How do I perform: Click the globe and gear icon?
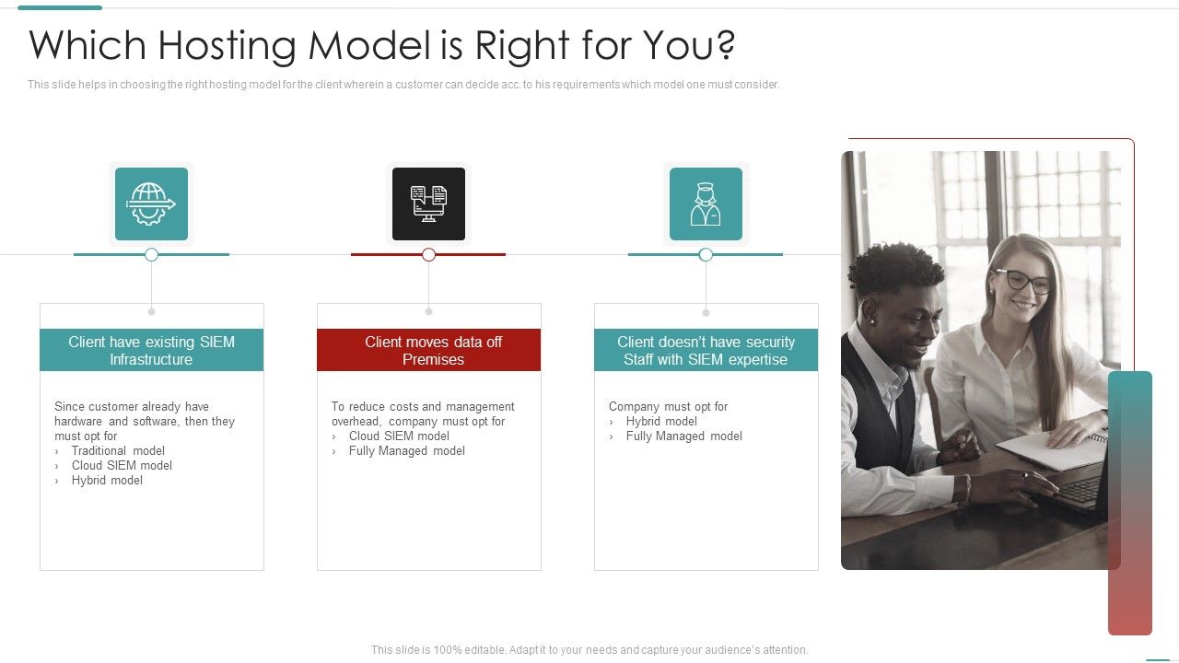click(x=151, y=204)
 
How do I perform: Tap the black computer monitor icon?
click(x=428, y=204)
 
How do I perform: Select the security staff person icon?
click(x=706, y=204)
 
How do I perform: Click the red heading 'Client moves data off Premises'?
click(x=429, y=350)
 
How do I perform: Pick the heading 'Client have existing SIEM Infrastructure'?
click(x=151, y=350)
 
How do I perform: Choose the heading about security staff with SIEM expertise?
click(x=706, y=350)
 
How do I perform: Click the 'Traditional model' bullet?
click(x=118, y=450)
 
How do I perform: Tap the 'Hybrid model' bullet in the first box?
click(x=107, y=480)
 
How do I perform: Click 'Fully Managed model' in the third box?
click(x=683, y=436)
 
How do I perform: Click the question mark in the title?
click(x=725, y=45)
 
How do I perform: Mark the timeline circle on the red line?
click(x=428, y=254)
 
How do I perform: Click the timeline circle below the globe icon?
click(x=152, y=254)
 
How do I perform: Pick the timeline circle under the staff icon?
click(x=706, y=254)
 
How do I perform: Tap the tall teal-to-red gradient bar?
click(x=1129, y=503)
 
